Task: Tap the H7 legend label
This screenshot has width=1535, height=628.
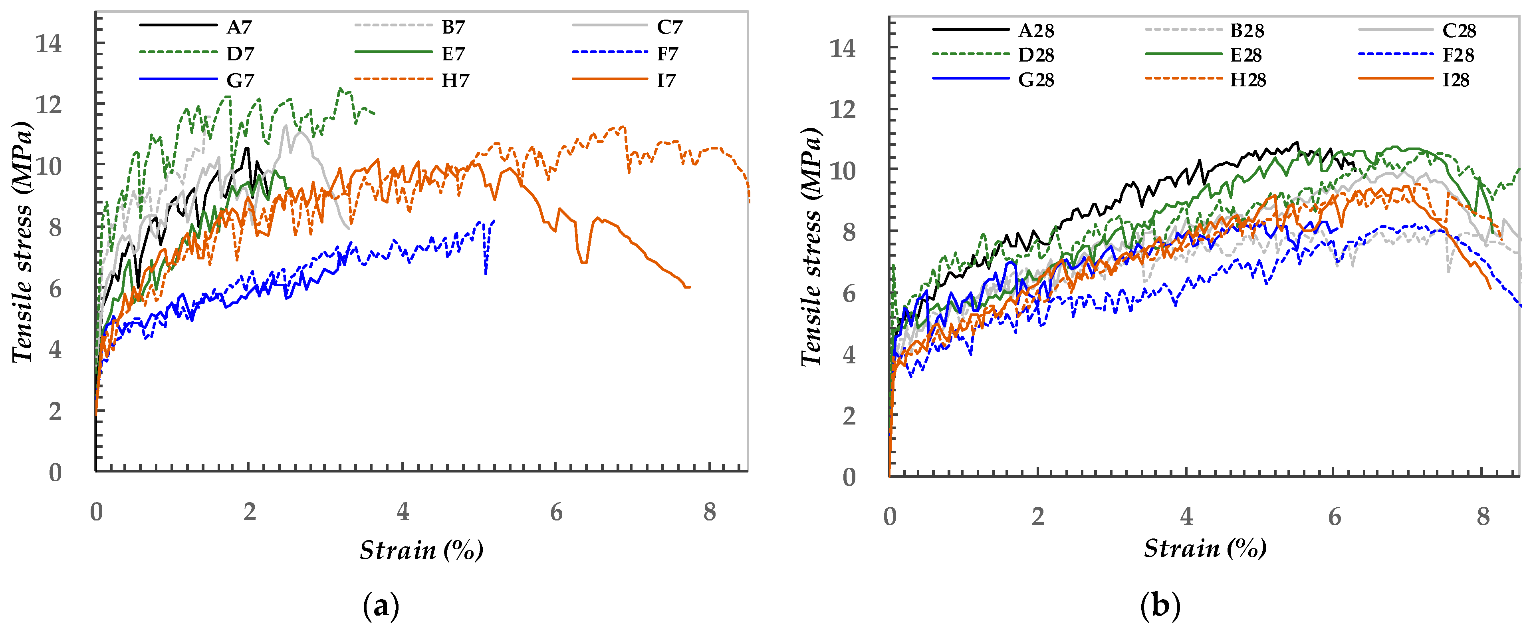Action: click(x=455, y=80)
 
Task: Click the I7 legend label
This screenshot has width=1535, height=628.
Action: click(x=666, y=80)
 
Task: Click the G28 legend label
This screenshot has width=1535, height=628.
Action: click(x=1036, y=80)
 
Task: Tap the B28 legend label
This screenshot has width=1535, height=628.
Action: click(x=1247, y=30)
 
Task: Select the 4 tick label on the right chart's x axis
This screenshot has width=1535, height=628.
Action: click(x=1186, y=516)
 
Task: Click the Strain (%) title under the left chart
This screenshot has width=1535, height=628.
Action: click(x=421, y=550)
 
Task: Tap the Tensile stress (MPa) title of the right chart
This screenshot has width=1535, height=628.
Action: click(x=811, y=247)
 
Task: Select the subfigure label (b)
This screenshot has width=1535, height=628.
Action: click(x=1160, y=606)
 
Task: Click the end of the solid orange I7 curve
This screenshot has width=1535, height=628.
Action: click(x=689, y=287)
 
